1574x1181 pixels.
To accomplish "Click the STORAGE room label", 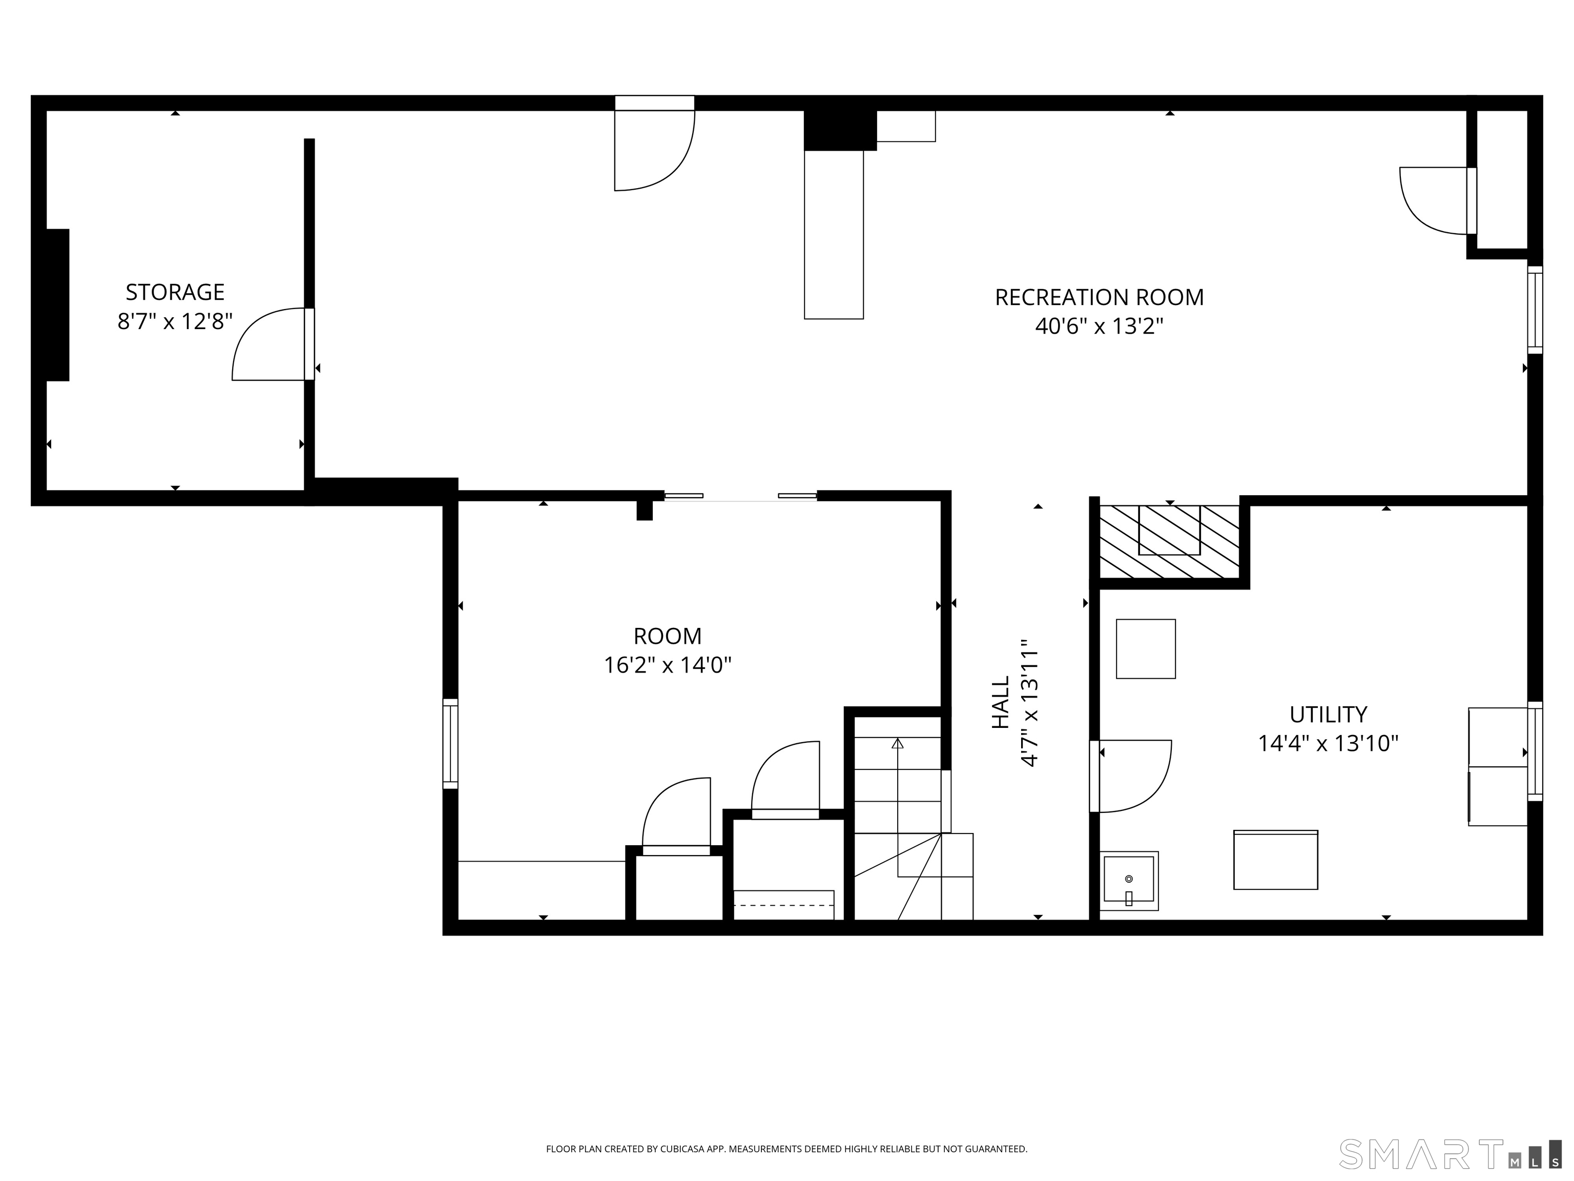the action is click(x=175, y=292).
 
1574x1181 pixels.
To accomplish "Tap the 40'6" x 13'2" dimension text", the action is click(x=1100, y=326).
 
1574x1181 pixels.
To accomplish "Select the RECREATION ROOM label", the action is click(x=1100, y=297).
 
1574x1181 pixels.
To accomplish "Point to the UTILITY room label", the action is click(x=1329, y=714).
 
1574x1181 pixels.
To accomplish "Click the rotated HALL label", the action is click(x=1001, y=703).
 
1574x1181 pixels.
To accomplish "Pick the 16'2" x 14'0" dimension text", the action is click(x=668, y=665).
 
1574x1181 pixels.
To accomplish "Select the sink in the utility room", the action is click(x=1129, y=881).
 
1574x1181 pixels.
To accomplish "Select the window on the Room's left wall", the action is click(x=450, y=743).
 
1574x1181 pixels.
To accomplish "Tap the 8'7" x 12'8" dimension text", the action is click(x=175, y=322).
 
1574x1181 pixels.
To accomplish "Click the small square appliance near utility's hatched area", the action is click(x=1146, y=648).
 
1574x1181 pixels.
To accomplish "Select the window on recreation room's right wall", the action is click(x=1535, y=310).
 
